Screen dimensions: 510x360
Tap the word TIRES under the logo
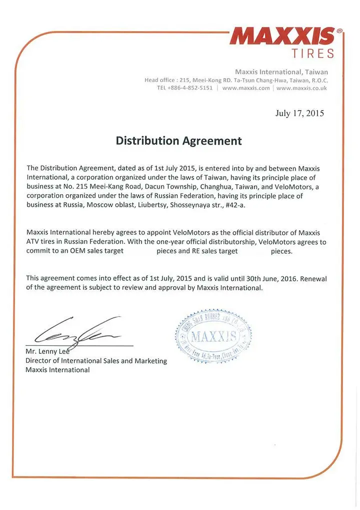(312, 53)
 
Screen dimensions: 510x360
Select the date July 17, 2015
(299, 113)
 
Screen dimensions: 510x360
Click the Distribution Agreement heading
(178, 141)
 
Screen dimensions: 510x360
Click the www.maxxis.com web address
(246, 88)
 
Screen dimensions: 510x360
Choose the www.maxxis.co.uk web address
(301, 88)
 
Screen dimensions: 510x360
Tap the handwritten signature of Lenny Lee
(75, 330)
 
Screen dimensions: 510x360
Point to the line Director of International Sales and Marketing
(96, 361)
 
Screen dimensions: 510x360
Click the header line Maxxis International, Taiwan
(281, 72)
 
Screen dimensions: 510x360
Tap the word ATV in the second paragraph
(34, 242)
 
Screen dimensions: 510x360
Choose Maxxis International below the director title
(57, 370)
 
